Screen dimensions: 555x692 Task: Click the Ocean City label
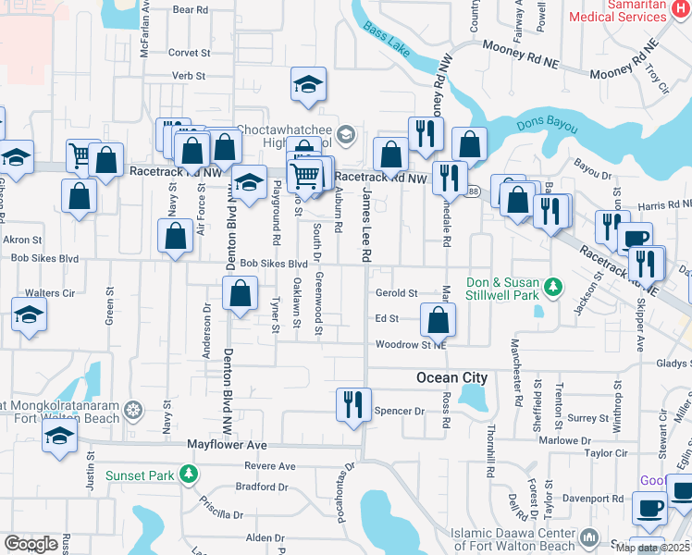coord(451,377)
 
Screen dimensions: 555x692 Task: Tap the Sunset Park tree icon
coord(189,475)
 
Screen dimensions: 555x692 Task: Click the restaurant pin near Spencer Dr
coord(353,404)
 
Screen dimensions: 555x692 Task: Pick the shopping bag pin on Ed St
coord(439,321)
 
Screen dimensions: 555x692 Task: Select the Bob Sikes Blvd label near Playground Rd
coord(273,264)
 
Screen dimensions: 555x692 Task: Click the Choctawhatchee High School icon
coord(346,135)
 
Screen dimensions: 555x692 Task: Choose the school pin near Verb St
coord(308,85)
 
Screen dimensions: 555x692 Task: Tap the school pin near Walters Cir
coord(29,317)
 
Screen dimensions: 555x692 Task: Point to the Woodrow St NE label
coord(411,345)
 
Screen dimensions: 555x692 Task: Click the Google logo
coord(31,544)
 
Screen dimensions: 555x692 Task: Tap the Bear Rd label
coord(190,10)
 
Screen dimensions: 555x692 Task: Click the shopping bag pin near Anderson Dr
coord(240,295)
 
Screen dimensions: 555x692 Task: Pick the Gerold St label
coord(397,292)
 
